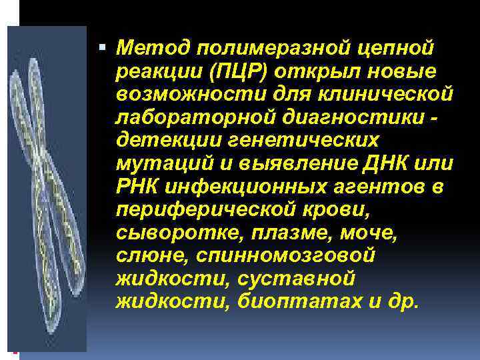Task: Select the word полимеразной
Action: click(x=256, y=48)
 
